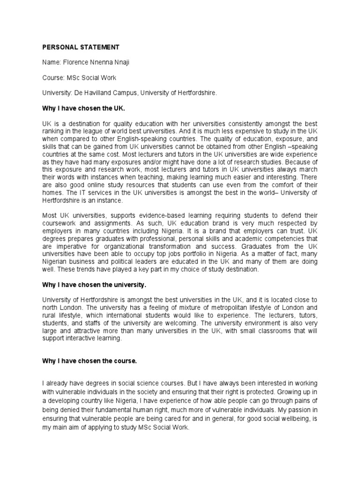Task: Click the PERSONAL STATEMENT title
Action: coord(81,47)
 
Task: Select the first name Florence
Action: coord(75,62)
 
